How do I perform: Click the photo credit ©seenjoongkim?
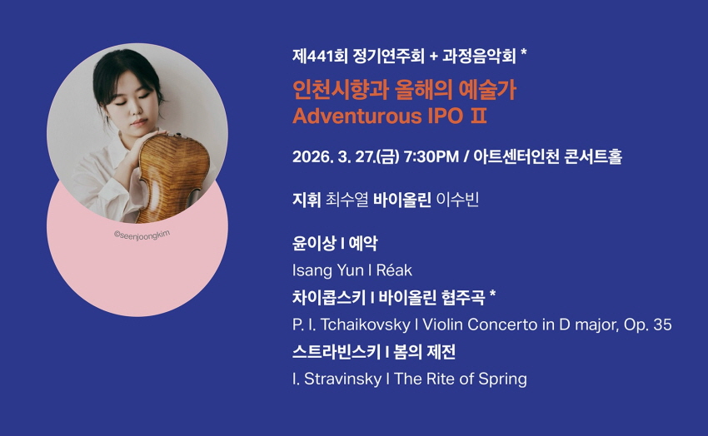142,235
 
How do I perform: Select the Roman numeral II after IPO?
478,116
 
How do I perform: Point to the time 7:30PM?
431,157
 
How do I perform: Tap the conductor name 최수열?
347,200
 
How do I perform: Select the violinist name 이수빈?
457,200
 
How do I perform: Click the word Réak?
394,270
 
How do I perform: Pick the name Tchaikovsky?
365,325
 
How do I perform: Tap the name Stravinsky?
342,379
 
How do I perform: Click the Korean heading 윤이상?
314,244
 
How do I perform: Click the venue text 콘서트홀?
593,157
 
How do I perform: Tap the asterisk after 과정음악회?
524,52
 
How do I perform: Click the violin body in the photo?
173,176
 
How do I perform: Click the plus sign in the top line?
433,57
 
